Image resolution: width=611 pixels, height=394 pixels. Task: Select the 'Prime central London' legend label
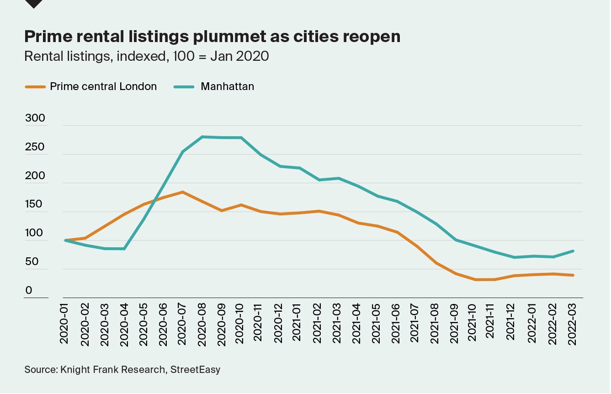103,86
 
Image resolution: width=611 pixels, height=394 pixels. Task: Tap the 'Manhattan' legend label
227,86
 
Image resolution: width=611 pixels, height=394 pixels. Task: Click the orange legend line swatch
35,86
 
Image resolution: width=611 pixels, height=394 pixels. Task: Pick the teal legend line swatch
185,86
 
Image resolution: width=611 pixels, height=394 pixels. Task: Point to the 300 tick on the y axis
35,118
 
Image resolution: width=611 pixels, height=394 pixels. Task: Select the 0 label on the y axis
29,290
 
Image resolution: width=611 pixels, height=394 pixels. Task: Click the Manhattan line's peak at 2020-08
202,137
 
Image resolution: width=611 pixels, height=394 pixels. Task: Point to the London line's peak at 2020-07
182,192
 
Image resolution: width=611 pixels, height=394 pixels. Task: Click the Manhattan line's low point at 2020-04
124,249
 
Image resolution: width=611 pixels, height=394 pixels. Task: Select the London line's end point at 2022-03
573,275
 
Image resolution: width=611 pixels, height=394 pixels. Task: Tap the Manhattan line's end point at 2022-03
573,251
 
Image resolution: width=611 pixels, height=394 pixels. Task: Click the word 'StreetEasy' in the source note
195,369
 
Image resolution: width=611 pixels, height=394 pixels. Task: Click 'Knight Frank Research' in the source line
112,369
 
